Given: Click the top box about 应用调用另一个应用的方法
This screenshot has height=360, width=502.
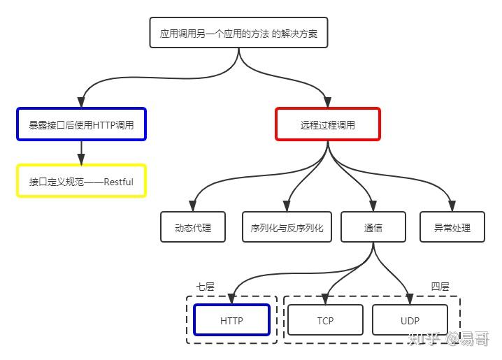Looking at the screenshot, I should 239,33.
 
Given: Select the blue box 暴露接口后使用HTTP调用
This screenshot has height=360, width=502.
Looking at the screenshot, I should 81,124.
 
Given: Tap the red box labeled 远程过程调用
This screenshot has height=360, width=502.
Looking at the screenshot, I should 328,124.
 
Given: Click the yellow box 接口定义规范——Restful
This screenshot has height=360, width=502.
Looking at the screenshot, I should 81,181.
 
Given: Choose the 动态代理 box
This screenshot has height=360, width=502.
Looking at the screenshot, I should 193,227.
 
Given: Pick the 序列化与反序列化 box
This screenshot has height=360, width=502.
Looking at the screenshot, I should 287,227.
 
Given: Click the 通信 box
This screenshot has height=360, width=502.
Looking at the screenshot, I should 373,227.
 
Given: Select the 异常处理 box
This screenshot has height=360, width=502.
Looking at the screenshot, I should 452,227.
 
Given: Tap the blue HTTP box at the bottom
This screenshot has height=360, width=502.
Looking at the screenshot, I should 231,321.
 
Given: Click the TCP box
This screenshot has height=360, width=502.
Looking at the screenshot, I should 325,321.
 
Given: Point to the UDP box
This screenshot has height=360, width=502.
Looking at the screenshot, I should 410,321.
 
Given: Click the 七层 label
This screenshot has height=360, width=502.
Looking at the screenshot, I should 205,287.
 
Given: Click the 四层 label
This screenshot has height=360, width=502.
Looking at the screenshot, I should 440,287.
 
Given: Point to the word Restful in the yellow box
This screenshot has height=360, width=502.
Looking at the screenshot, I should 118,182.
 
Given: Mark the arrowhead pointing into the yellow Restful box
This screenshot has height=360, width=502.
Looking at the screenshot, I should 81,159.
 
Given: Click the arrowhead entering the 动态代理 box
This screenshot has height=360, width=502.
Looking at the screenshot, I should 193,206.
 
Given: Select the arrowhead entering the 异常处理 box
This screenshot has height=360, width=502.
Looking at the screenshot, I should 452,206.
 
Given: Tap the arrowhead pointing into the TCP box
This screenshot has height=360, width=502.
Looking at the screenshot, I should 326,300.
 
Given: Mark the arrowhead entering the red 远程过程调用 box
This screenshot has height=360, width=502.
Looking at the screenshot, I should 328,102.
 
